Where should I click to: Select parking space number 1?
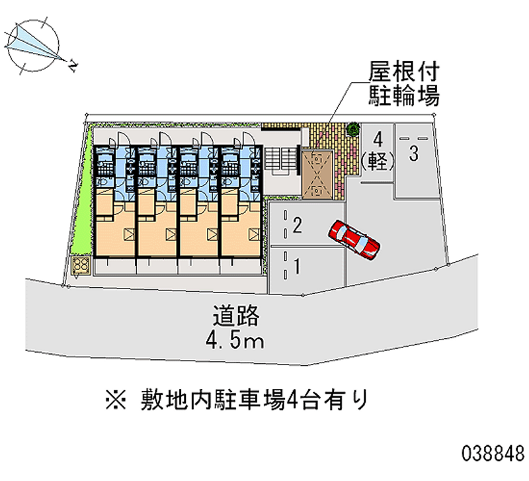coord(298,267)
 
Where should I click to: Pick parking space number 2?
coord(298,227)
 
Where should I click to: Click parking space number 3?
coord(413,154)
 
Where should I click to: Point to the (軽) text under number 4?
coord(378,159)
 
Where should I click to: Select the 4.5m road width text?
coord(237,341)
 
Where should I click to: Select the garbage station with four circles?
coord(82,266)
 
